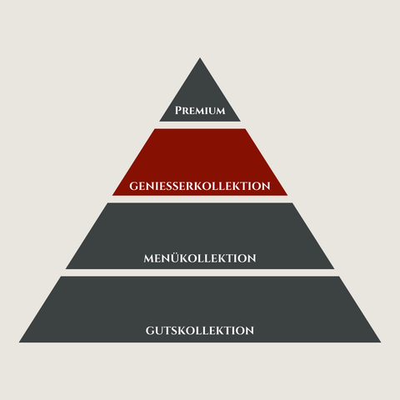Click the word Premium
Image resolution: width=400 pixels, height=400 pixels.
200,111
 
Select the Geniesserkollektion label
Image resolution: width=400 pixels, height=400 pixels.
200,186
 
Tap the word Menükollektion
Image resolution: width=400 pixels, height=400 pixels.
200,258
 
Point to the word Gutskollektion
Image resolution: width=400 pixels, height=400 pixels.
200,331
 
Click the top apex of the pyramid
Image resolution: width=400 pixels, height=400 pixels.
200,57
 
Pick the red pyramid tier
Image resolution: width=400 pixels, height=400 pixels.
200,162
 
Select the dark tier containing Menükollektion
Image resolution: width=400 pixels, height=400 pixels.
200,236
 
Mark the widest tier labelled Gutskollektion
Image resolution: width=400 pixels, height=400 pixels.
200,309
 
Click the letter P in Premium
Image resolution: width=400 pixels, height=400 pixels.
178,111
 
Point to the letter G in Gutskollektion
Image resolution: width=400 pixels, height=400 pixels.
150,331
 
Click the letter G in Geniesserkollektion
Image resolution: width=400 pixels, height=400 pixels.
134,186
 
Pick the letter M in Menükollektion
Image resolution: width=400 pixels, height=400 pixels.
150,258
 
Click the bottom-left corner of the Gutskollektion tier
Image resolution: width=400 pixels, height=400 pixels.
19,342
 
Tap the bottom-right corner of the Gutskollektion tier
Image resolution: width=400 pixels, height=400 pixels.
381,342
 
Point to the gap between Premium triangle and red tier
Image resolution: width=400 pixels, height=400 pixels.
200,125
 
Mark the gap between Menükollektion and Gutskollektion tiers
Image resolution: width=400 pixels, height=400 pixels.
200,272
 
